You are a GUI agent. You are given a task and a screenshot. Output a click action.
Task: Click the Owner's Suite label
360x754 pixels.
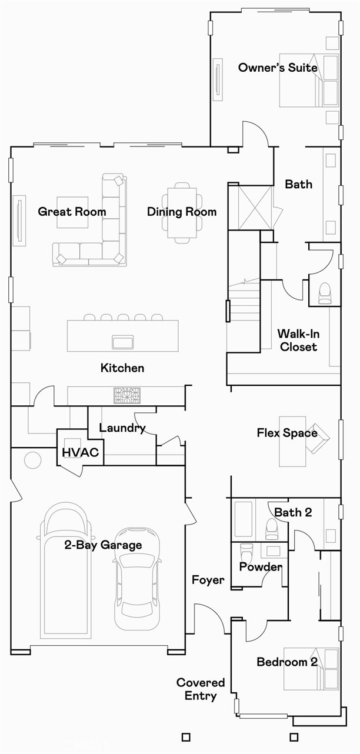click(277, 68)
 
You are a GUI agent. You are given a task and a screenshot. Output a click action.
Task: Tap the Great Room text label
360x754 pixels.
click(72, 212)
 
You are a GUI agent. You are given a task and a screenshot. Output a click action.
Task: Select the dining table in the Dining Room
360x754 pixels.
click(182, 212)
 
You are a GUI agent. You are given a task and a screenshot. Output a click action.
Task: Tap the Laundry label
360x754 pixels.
click(122, 428)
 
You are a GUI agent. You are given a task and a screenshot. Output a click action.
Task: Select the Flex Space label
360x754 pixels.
click(286, 433)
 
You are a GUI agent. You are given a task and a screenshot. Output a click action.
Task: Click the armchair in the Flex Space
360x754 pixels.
click(318, 438)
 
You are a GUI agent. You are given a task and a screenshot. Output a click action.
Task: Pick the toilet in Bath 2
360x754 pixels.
click(272, 528)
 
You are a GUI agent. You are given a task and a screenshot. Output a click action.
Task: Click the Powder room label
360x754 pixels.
click(260, 567)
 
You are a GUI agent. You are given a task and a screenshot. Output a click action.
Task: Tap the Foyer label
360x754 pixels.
click(208, 580)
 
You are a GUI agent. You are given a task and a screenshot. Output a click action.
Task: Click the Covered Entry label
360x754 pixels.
click(201, 689)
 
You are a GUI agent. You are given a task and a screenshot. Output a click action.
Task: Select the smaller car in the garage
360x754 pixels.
click(136, 579)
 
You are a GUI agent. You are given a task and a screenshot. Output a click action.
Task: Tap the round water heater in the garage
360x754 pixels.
click(32, 459)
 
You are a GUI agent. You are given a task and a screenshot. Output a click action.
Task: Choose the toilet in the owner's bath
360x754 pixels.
click(325, 293)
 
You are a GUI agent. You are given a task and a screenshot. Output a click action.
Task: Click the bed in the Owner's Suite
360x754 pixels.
click(310, 81)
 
